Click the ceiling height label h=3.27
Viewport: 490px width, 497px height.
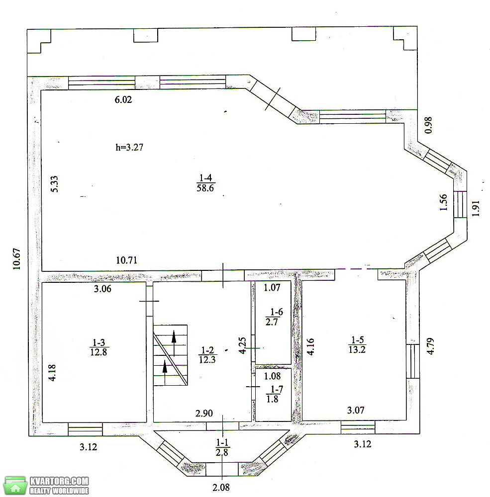(129, 148)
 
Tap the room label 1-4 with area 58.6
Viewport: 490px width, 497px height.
(205, 183)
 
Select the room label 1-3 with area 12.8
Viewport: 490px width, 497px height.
(98, 347)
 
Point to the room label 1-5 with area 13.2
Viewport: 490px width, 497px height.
(357, 344)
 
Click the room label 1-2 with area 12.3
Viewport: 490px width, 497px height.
(207, 355)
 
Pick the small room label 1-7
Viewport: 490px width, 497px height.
(275, 394)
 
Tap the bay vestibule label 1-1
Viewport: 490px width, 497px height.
(222, 447)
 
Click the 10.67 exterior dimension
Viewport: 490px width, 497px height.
(16, 259)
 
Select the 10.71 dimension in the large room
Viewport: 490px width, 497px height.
(127, 260)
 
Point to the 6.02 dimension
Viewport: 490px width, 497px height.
(123, 100)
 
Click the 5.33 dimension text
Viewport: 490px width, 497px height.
(54, 184)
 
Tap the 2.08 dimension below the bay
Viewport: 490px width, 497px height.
(221, 487)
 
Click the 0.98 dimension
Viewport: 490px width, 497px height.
(428, 125)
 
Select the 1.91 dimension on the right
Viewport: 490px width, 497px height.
(476, 208)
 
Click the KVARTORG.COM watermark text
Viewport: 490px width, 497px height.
(59, 481)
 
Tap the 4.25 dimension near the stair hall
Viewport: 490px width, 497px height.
(242, 345)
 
